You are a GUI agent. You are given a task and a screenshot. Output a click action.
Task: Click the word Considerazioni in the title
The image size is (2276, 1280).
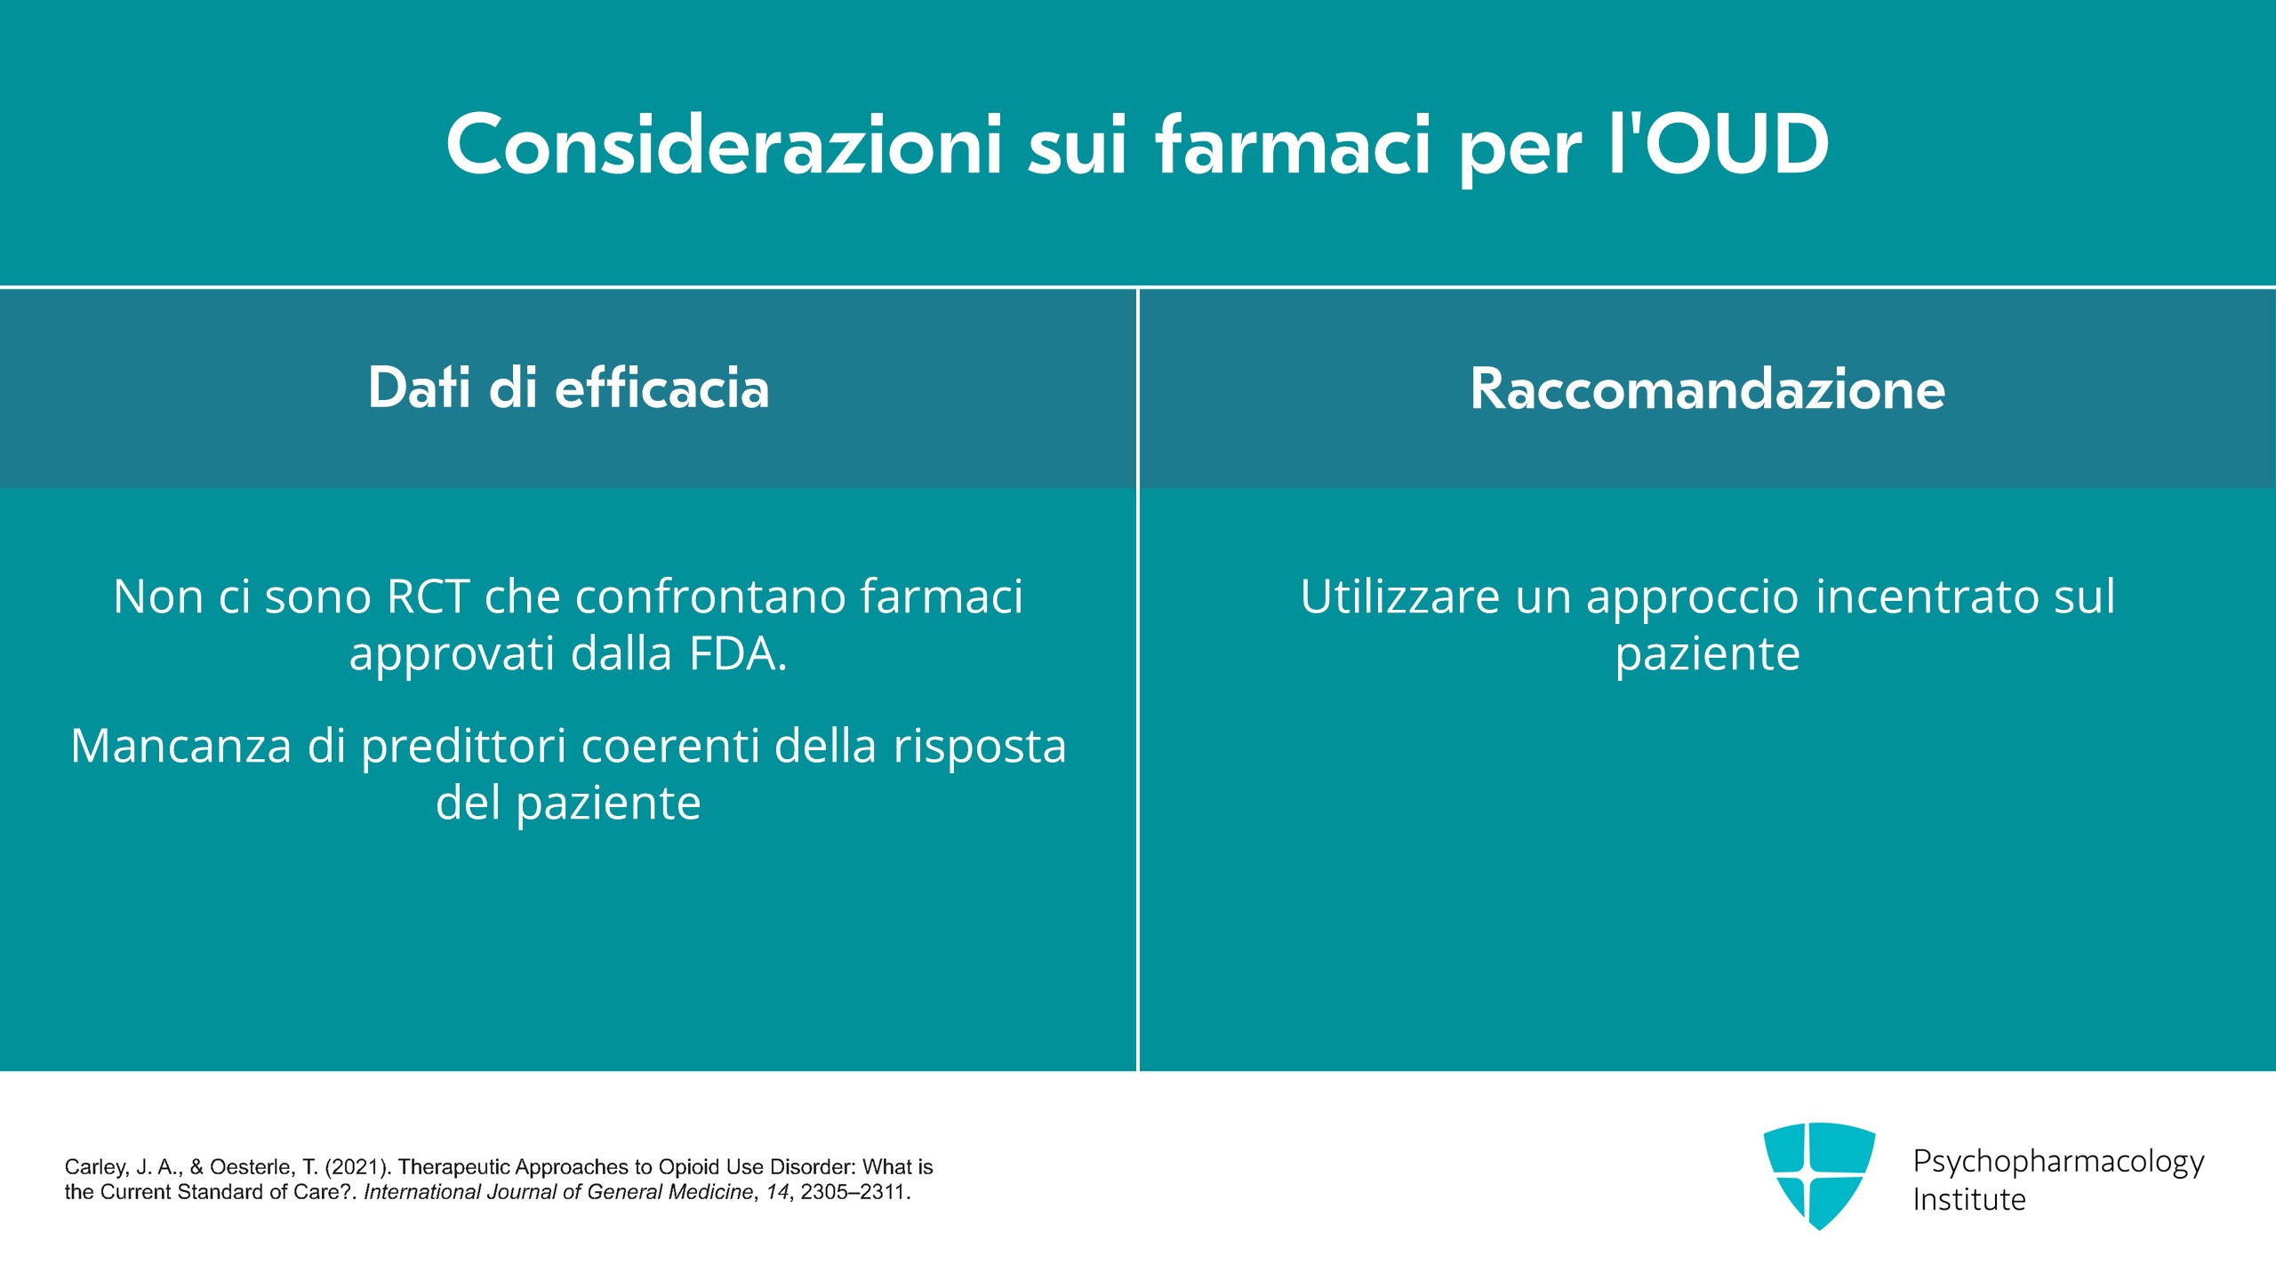click(725, 144)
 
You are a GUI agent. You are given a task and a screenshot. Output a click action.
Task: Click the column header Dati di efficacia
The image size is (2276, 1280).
click(569, 388)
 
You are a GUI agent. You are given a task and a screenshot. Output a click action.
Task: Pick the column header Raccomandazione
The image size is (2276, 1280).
click(1707, 388)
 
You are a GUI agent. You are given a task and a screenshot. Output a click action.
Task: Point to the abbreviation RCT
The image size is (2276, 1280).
click(429, 596)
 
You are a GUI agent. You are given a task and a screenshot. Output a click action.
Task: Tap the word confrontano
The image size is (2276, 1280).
click(710, 596)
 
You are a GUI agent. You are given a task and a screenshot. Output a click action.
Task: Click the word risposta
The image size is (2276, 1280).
click(980, 748)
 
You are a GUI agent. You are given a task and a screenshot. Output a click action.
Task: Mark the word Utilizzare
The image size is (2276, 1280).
click(1400, 596)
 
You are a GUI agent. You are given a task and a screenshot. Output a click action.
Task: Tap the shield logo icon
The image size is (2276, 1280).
click(1820, 1176)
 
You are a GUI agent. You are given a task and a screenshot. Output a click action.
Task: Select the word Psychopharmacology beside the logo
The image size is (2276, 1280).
click(2058, 1163)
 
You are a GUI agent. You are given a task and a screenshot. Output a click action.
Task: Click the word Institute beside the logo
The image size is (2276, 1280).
click(1969, 1200)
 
